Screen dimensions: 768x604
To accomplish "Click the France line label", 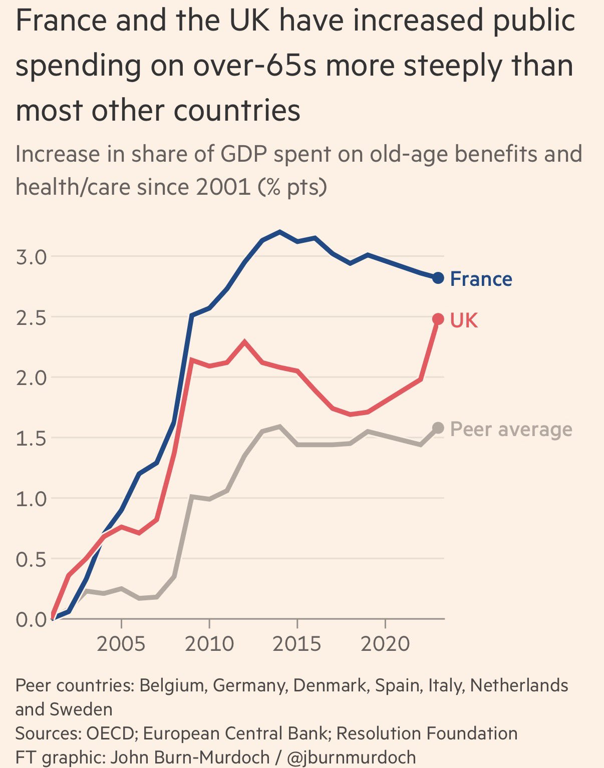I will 481,279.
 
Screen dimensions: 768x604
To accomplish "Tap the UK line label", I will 464,320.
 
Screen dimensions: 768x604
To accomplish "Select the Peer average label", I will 511,430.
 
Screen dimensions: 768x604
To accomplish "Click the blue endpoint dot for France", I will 438,278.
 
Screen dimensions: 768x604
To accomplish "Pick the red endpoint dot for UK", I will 438,319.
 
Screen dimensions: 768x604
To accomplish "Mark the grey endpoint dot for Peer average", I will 438,428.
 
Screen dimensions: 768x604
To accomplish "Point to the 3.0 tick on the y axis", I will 31,257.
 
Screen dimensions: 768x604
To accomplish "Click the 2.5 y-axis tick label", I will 31,317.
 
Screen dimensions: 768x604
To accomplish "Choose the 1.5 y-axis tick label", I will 31,438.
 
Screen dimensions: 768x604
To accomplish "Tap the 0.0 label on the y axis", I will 31,620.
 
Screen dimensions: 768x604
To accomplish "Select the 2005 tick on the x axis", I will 121,643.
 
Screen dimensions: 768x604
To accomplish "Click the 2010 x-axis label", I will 209,643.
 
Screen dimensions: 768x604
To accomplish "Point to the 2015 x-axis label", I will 297,643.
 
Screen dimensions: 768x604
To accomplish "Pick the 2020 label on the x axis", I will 385,643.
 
